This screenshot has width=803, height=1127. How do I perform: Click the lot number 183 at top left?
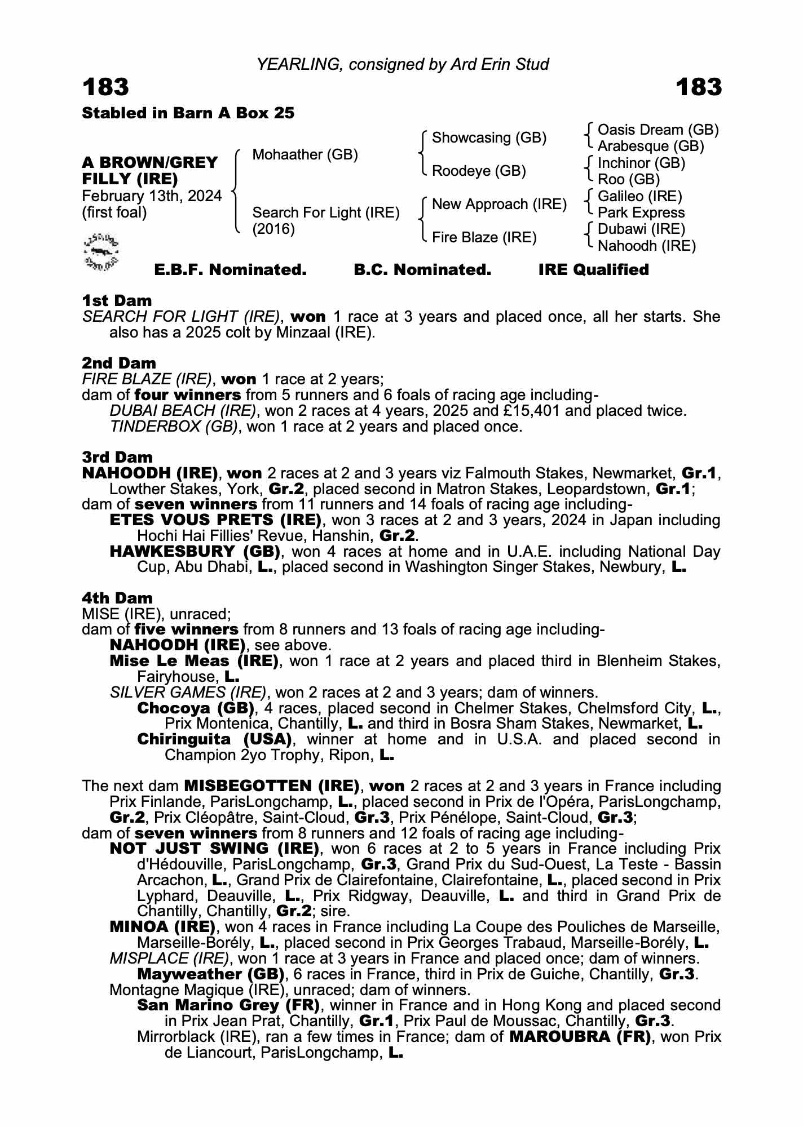[105, 87]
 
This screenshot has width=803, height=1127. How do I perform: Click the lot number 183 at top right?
[698, 87]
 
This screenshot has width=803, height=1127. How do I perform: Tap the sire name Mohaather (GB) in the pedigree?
[305, 154]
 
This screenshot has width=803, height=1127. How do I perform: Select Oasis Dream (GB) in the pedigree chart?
[658, 130]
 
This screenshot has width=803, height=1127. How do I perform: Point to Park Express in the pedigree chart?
[641, 212]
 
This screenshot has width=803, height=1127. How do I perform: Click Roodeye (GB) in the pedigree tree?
[479, 171]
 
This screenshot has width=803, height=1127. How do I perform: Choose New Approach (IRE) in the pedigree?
[499, 204]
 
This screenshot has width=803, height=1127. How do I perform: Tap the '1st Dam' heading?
[117, 300]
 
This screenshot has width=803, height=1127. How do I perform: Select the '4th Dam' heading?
[117, 598]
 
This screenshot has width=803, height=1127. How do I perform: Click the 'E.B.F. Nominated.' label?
[230, 270]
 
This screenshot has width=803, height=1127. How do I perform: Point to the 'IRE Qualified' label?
[593, 270]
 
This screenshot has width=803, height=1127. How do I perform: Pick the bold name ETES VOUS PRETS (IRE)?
[215, 520]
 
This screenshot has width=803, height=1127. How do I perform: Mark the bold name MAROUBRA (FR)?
[580, 1037]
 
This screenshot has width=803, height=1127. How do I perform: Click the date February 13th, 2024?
[152, 196]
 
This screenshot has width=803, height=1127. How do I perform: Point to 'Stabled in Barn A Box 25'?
[188, 113]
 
